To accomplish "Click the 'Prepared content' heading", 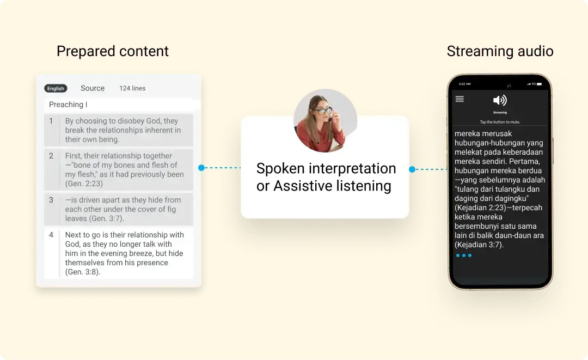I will pyautogui.click(x=113, y=51).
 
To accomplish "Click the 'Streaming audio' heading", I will pyautogui.click(x=500, y=51).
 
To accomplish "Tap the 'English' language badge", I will pyautogui.click(x=56, y=88).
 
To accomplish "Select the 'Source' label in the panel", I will pyautogui.click(x=93, y=88).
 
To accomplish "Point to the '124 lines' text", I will pyautogui.click(x=132, y=88).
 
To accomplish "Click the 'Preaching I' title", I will pyautogui.click(x=68, y=105).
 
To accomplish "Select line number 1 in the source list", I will pyautogui.click(x=51, y=121).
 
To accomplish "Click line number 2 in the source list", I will pyautogui.click(x=51, y=156).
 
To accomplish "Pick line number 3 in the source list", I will pyautogui.click(x=51, y=200).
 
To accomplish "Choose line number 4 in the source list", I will pyautogui.click(x=51, y=235).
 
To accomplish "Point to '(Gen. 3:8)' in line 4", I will pyautogui.click(x=83, y=272).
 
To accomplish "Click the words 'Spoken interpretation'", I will pyautogui.click(x=326, y=168).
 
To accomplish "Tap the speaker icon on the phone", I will pyautogui.click(x=499, y=100).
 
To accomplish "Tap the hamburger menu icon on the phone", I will pyautogui.click(x=460, y=99).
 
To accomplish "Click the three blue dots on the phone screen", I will pyautogui.click(x=464, y=255).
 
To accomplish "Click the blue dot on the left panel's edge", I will pyautogui.click(x=201, y=168).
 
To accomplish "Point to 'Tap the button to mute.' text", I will pyautogui.click(x=499, y=122).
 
